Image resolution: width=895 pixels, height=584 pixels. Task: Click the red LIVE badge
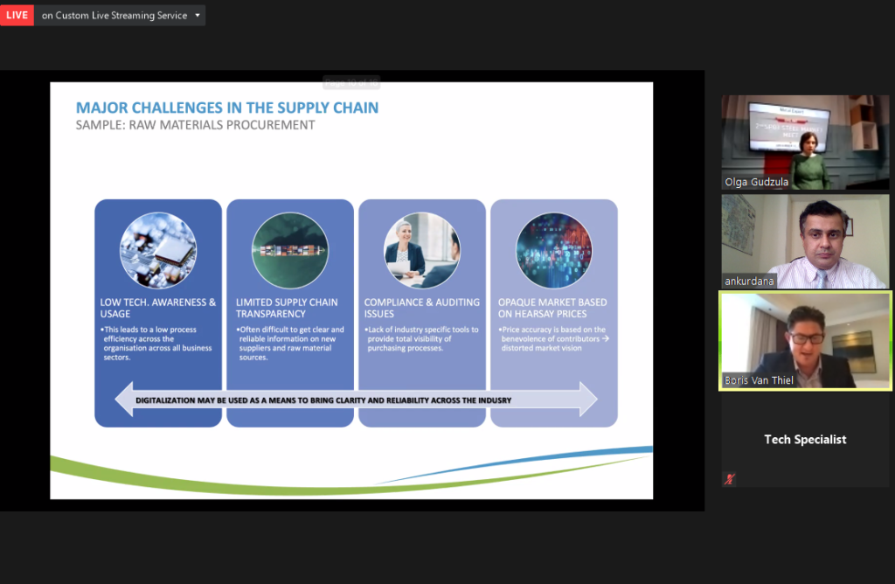click(17, 15)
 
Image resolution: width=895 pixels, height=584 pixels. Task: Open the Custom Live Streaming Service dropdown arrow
click(198, 15)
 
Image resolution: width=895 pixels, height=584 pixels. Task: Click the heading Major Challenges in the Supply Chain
click(227, 108)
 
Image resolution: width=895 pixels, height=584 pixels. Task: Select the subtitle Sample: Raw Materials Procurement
click(195, 125)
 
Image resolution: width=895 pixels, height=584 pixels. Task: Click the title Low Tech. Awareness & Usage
click(158, 308)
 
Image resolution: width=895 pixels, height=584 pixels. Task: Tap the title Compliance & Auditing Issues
click(422, 308)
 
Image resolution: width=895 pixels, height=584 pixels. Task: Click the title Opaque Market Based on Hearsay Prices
click(552, 308)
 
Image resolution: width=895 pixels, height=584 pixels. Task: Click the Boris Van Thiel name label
click(759, 380)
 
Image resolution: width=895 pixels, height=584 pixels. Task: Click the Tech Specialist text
click(805, 440)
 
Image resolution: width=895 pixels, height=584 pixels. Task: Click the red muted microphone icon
click(729, 478)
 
